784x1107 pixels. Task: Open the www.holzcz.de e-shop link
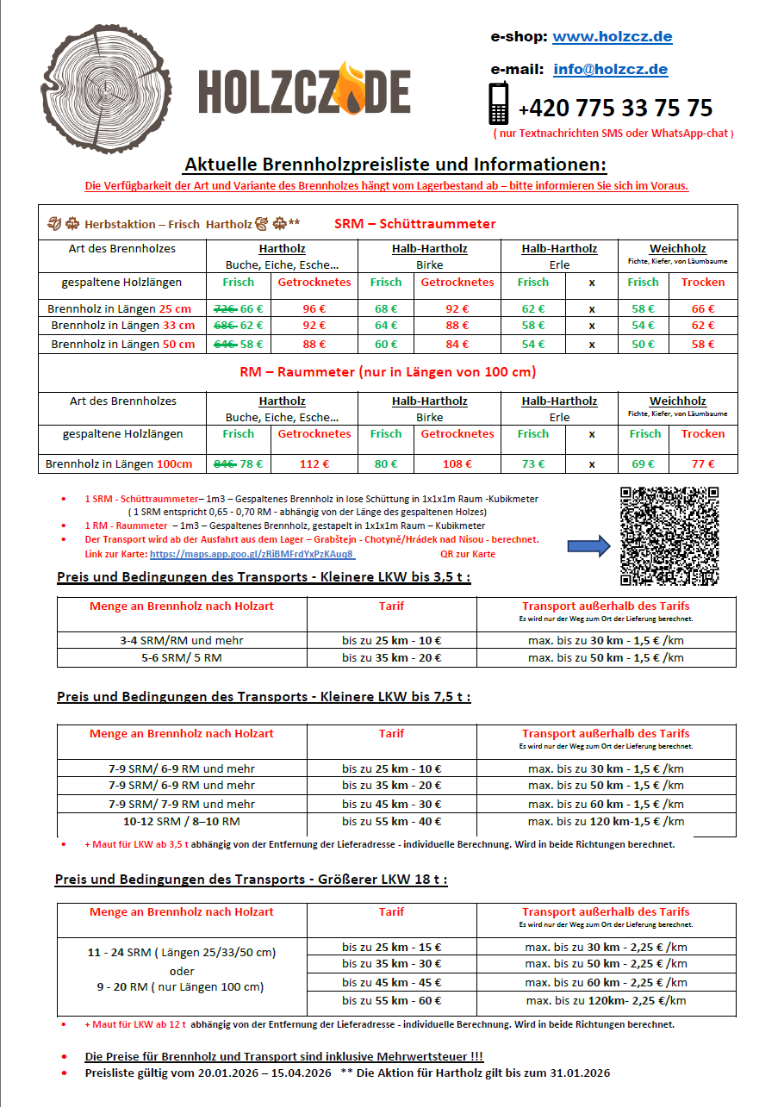point(612,37)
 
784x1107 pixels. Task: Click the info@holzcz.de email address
point(611,70)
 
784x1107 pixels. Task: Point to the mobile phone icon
point(499,104)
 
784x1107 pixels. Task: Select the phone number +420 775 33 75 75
point(615,109)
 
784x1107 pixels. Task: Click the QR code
point(669,537)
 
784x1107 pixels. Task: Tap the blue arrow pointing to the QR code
point(588,545)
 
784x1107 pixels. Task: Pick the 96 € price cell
point(314,308)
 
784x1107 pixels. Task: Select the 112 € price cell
point(314,464)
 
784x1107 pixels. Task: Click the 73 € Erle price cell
point(533,464)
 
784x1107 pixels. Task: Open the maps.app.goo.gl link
point(252,554)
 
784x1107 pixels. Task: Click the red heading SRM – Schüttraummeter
point(414,224)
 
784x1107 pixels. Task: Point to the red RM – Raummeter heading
point(387,372)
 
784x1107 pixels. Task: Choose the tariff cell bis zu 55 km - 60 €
point(391,1000)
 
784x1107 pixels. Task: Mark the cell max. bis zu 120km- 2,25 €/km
point(606,1000)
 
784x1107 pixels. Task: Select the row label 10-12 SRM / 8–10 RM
point(181,821)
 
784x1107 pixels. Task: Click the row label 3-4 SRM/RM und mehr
point(181,641)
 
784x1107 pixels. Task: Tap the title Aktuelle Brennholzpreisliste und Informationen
point(395,165)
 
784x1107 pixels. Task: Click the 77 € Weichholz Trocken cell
point(703,464)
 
